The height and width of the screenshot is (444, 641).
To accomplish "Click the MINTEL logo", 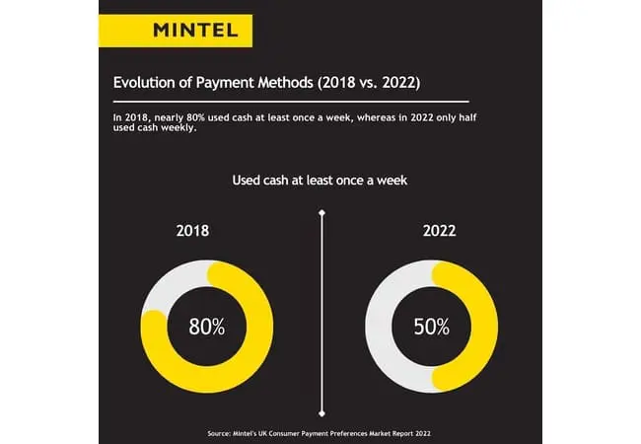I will tap(195, 29).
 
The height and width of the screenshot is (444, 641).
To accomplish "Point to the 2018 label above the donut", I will tap(193, 233).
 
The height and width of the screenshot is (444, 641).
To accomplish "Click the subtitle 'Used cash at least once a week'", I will tap(320, 181).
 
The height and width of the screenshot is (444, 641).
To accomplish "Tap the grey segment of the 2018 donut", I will tap(166, 287).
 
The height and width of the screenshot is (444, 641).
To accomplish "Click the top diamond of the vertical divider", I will tap(321, 212).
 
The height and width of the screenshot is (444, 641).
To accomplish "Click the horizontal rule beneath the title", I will tap(291, 102).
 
